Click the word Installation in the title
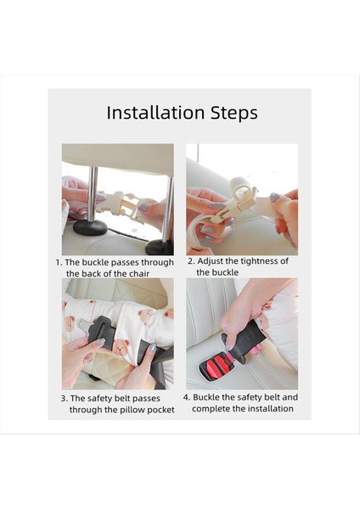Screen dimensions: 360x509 click(x=155, y=113)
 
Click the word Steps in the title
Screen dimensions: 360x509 click(x=234, y=114)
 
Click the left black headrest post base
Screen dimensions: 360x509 click(x=90, y=227)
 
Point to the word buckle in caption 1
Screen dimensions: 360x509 click(x=95, y=262)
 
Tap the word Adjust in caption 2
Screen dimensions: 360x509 click(x=211, y=261)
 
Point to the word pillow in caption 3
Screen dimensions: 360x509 click(x=132, y=410)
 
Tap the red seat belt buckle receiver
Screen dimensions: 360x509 click(x=217, y=365)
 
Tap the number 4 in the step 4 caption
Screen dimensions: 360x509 click(x=186, y=397)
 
